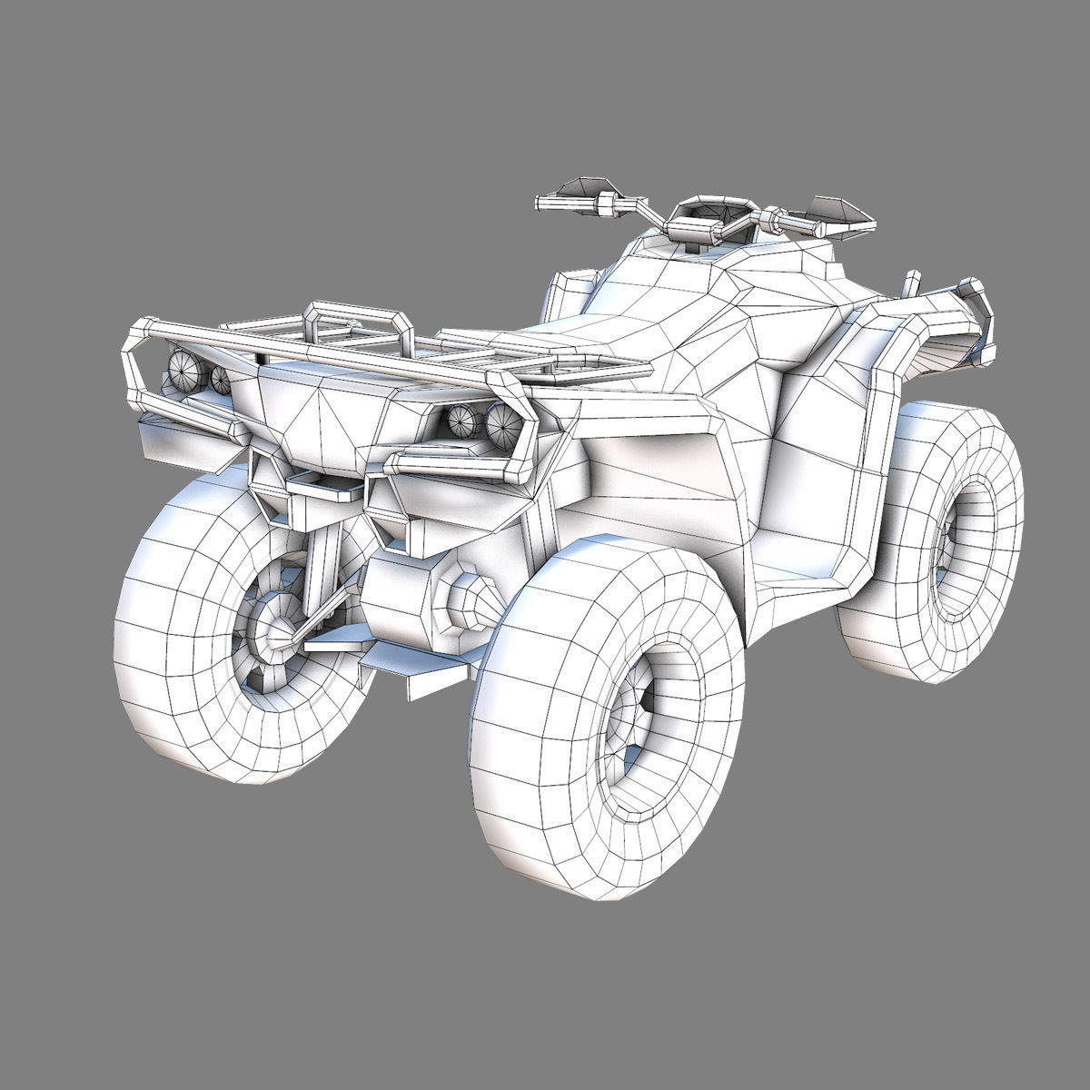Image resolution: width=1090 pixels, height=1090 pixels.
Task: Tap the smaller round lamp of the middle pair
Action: point(463,421)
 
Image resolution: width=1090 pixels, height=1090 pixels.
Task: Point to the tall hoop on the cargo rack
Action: point(354,318)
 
